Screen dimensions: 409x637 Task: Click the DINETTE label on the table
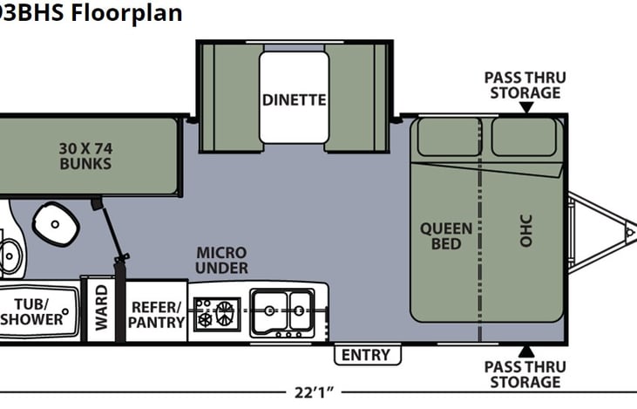click(x=295, y=99)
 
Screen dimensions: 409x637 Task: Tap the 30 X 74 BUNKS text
click(x=85, y=156)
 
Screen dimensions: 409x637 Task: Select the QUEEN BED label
click(x=446, y=235)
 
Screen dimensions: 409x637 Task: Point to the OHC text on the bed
click(x=525, y=229)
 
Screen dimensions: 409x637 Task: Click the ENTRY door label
click(x=366, y=355)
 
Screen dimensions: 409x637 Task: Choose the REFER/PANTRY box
click(x=158, y=314)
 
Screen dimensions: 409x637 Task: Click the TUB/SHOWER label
click(x=37, y=311)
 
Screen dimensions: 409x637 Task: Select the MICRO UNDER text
click(x=221, y=260)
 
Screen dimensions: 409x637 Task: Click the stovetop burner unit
click(x=216, y=312)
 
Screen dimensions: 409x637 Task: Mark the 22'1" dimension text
click(x=315, y=392)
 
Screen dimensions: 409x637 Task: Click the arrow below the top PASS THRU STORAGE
click(x=525, y=107)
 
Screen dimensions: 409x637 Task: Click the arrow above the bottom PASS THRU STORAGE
click(x=525, y=351)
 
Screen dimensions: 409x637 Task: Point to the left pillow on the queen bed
click(x=449, y=137)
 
